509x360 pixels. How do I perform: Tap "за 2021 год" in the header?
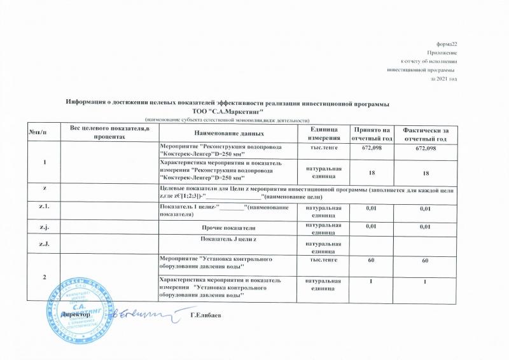point(444,79)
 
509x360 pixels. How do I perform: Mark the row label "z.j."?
point(45,227)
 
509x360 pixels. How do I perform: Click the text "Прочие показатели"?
point(228,227)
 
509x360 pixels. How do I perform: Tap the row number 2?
point(45,277)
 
